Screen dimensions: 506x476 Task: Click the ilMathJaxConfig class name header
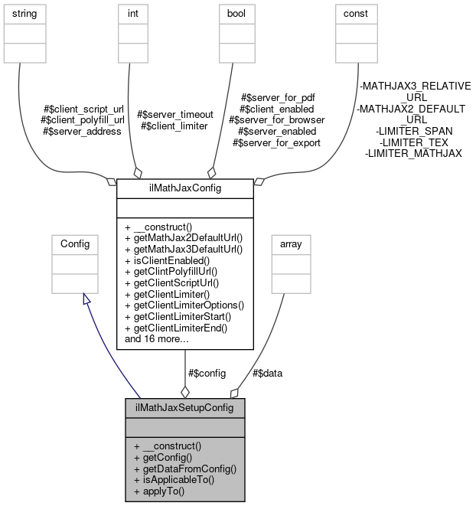tap(184, 187)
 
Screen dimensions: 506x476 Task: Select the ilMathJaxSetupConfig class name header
tap(184, 406)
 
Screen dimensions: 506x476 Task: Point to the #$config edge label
tap(207, 373)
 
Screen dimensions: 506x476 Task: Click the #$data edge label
tap(267, 373)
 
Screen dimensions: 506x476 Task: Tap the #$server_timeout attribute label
tap(172, 114)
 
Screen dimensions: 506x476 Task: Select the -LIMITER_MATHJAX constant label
tap(413, 154)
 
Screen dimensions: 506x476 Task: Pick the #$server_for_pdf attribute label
tap(278, 97)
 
